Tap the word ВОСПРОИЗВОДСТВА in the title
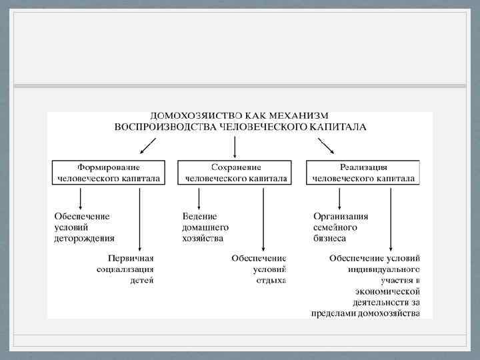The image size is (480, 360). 159,127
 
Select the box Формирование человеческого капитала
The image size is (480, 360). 109,173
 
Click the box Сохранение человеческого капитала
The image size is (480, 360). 235,173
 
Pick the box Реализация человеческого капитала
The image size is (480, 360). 363,173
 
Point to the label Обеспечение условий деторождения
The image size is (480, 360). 84,227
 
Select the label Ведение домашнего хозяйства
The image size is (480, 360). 203,227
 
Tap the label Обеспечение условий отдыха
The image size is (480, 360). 259,269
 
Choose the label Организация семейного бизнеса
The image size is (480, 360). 341,227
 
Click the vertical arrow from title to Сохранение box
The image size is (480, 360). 235,146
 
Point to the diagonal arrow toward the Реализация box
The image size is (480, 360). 326,145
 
